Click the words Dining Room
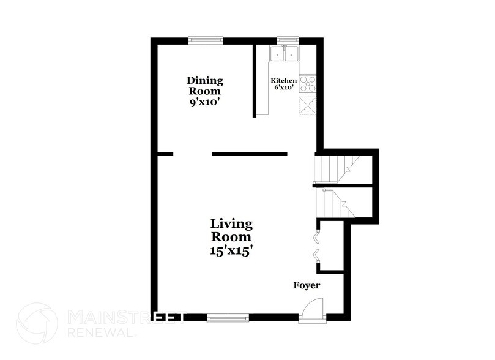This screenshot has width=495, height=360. pyautogui.click(x=205, y=86)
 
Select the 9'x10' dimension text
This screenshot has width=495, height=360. pyautogui.click(x=205, y=103)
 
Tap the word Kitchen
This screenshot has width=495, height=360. pyautogui.click(x=284, y=81)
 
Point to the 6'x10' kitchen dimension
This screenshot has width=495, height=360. pyautogui.click(x=284, y=88)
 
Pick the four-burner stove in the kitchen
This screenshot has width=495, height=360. pyautogui.click(x=307, y=83)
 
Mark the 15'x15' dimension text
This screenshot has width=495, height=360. pyautogui.click(x=231, y=250)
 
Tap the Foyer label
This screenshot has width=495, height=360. pyautogui.click(x=306, y=285)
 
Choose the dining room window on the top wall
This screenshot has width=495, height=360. pyautogui.click(x=206, y=40)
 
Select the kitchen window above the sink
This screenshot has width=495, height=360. pyautogui.click(x=285, y=40)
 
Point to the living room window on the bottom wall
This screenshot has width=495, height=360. pyautogui.click(x=228, y=317)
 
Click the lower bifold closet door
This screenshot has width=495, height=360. pyautogui.click(x=316, y=255)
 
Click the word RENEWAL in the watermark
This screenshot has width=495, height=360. pyautogui.click(x=100, y=334)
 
